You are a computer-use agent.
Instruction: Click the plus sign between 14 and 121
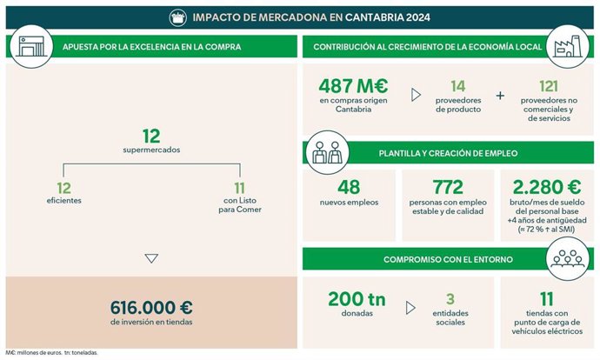(500, 96)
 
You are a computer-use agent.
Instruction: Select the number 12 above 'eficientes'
(63, 188)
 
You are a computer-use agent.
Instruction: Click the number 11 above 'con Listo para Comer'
(240, 188)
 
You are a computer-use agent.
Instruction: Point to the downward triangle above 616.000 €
(151, 258)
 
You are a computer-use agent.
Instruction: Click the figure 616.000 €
(151, 307)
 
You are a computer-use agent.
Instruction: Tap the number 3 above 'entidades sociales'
(450, 298)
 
